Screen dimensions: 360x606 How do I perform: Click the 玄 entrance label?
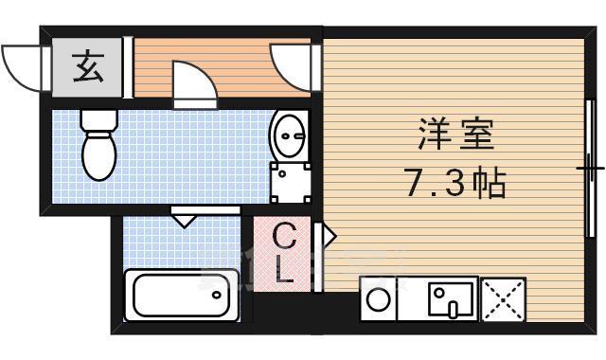coord(87,68)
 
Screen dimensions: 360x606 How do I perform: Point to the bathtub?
coord(181,295)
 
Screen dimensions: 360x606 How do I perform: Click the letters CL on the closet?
coord(285,253)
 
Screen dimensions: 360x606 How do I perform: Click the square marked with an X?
coord(503,300)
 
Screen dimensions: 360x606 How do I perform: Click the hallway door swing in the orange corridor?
coord(193,81)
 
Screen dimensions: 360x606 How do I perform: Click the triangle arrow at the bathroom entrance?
coord(184,221)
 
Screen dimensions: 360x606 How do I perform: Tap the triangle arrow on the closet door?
coord(329,234)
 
